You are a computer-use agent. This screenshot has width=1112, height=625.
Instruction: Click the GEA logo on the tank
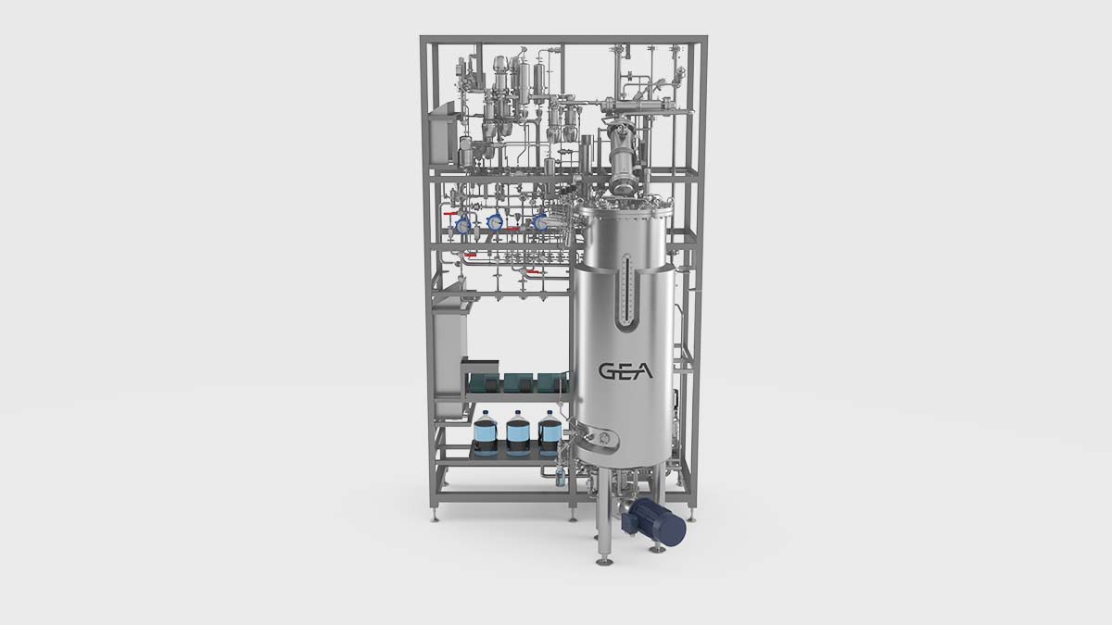(625, 371)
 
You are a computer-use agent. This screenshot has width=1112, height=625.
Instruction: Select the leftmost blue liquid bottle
(486, 431)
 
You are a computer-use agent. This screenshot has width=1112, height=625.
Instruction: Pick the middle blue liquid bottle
(518, 431)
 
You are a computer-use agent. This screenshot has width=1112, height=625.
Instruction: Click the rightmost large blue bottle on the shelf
(550, 431)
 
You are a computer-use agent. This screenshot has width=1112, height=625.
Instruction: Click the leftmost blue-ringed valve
(463, 224)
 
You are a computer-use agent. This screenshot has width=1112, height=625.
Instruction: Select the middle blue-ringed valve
(496, 222)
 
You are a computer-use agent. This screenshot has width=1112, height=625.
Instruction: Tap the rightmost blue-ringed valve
(540, 222)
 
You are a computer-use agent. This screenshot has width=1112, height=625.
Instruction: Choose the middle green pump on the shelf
(518, 381)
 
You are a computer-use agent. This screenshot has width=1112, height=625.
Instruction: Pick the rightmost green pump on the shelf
(550, 381)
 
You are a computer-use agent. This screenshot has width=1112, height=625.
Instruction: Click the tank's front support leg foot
(604, 558)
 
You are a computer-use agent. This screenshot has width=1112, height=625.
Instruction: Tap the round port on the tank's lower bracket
(605, 437)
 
